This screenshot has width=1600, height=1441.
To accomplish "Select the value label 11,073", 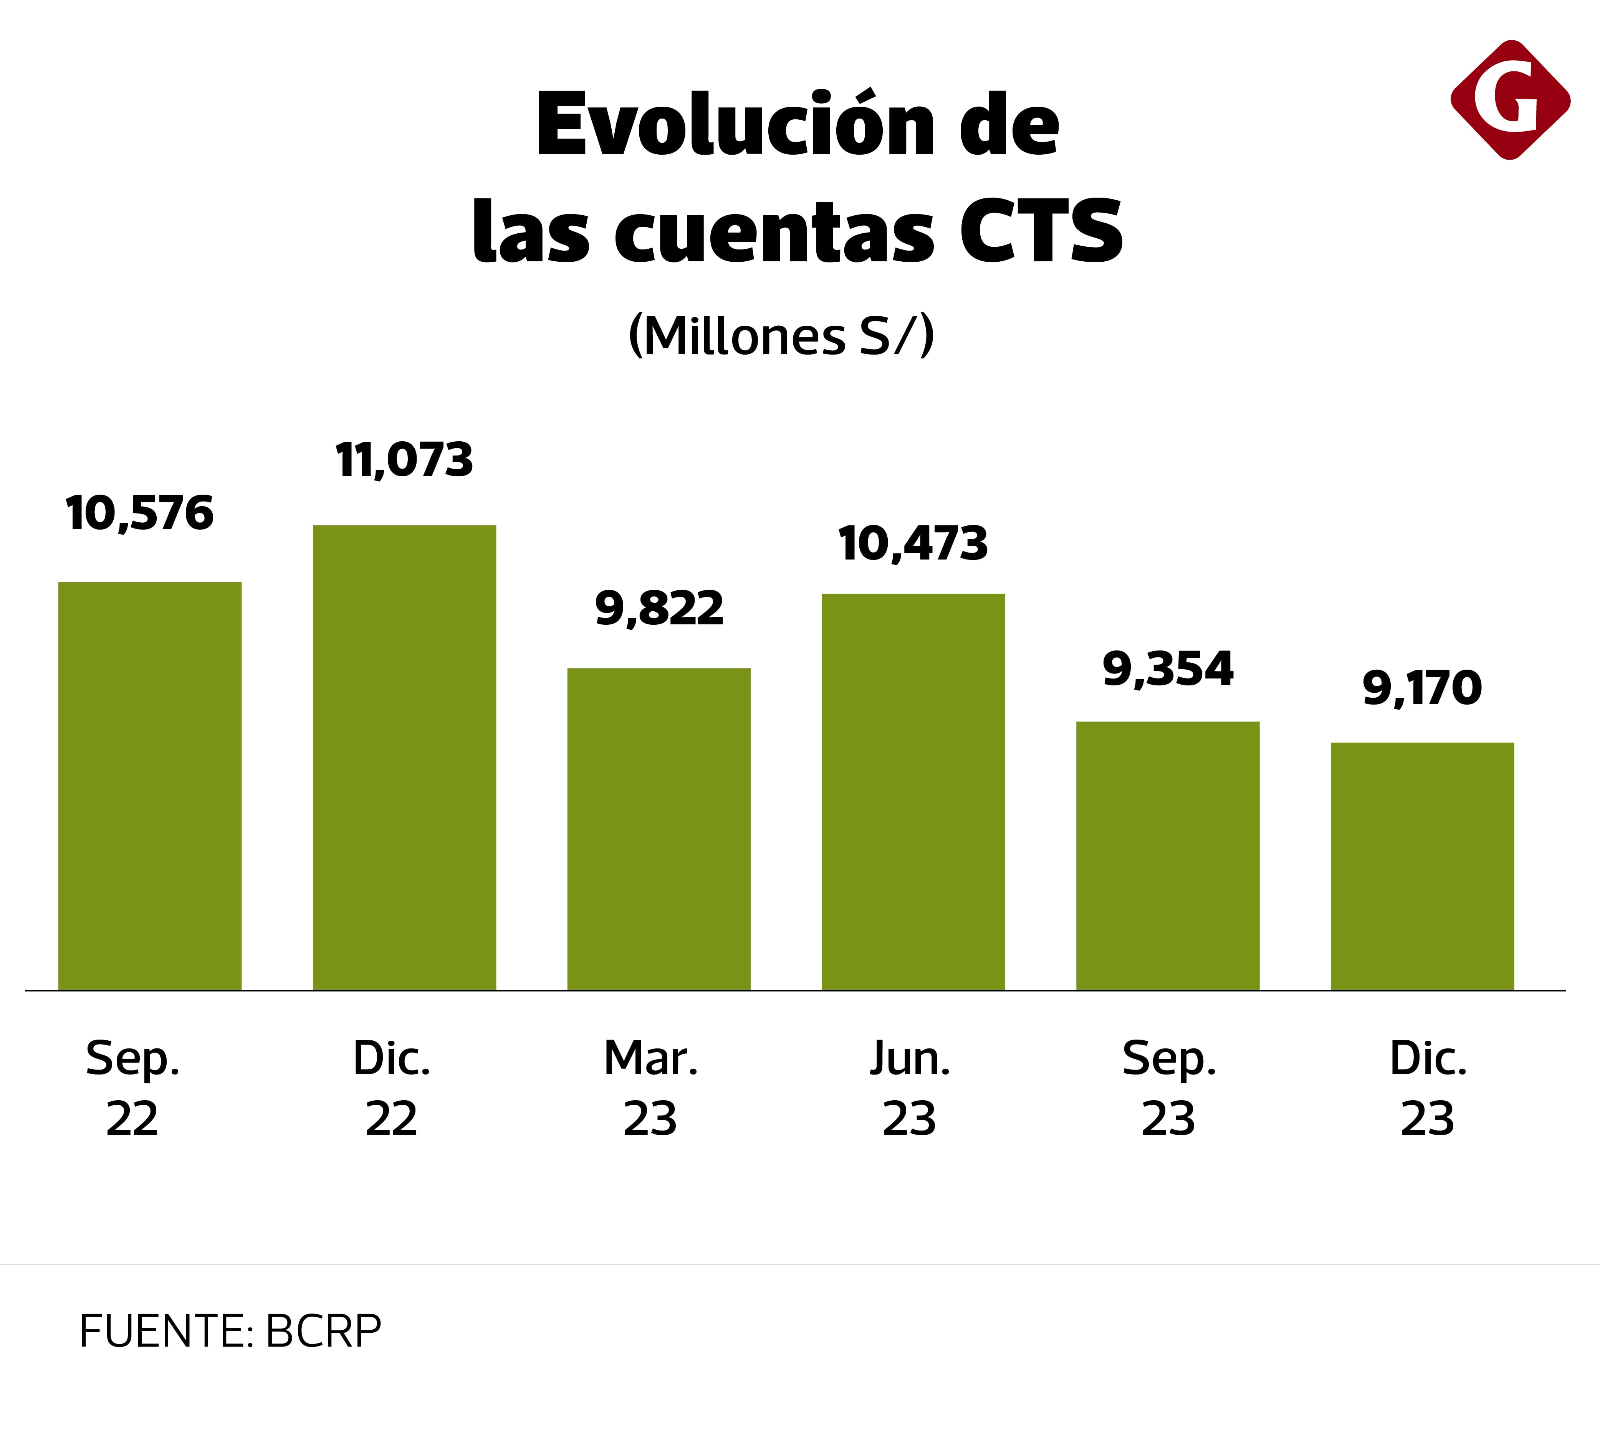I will pyautogui.click(x=404, y=460).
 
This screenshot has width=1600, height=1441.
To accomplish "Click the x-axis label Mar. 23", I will pyautogui.click(x=650, y=1088).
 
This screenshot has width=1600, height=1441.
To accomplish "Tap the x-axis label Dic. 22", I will pyautogui.click(x=391, y=1088).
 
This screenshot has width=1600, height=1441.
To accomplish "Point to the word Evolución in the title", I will pyautogui.click(x=729, y=125).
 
